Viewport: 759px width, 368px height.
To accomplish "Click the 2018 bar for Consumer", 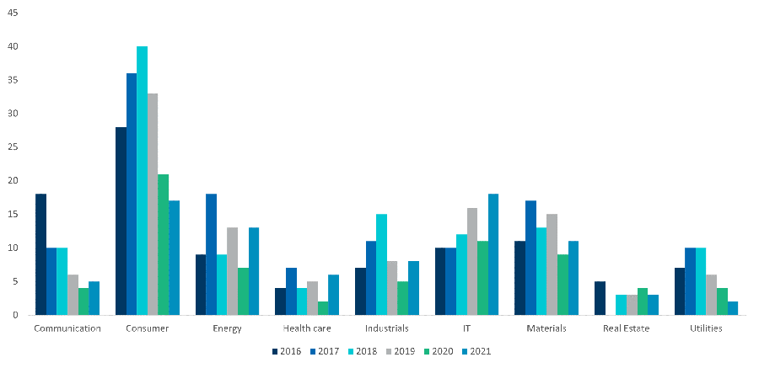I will click(x=142, y=180).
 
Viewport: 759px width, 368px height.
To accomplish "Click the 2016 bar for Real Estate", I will click(x=600, y=298).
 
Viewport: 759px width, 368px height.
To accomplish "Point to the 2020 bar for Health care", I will click(x=323, y=308).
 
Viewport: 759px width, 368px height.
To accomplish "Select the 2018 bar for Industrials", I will click(x=381, y=264).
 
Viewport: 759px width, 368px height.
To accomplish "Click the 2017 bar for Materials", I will click(x=530, y=258).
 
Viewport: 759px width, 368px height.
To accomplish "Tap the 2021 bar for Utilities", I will click(x=732, y=308).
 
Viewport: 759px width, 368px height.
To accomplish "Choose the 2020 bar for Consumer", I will click(x=163, y=244).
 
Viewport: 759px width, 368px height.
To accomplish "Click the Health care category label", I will click(x=307, y=328).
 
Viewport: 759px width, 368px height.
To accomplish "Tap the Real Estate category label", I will click(x=626, y=328).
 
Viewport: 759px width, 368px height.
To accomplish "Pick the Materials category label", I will click(x=546, y=328).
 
